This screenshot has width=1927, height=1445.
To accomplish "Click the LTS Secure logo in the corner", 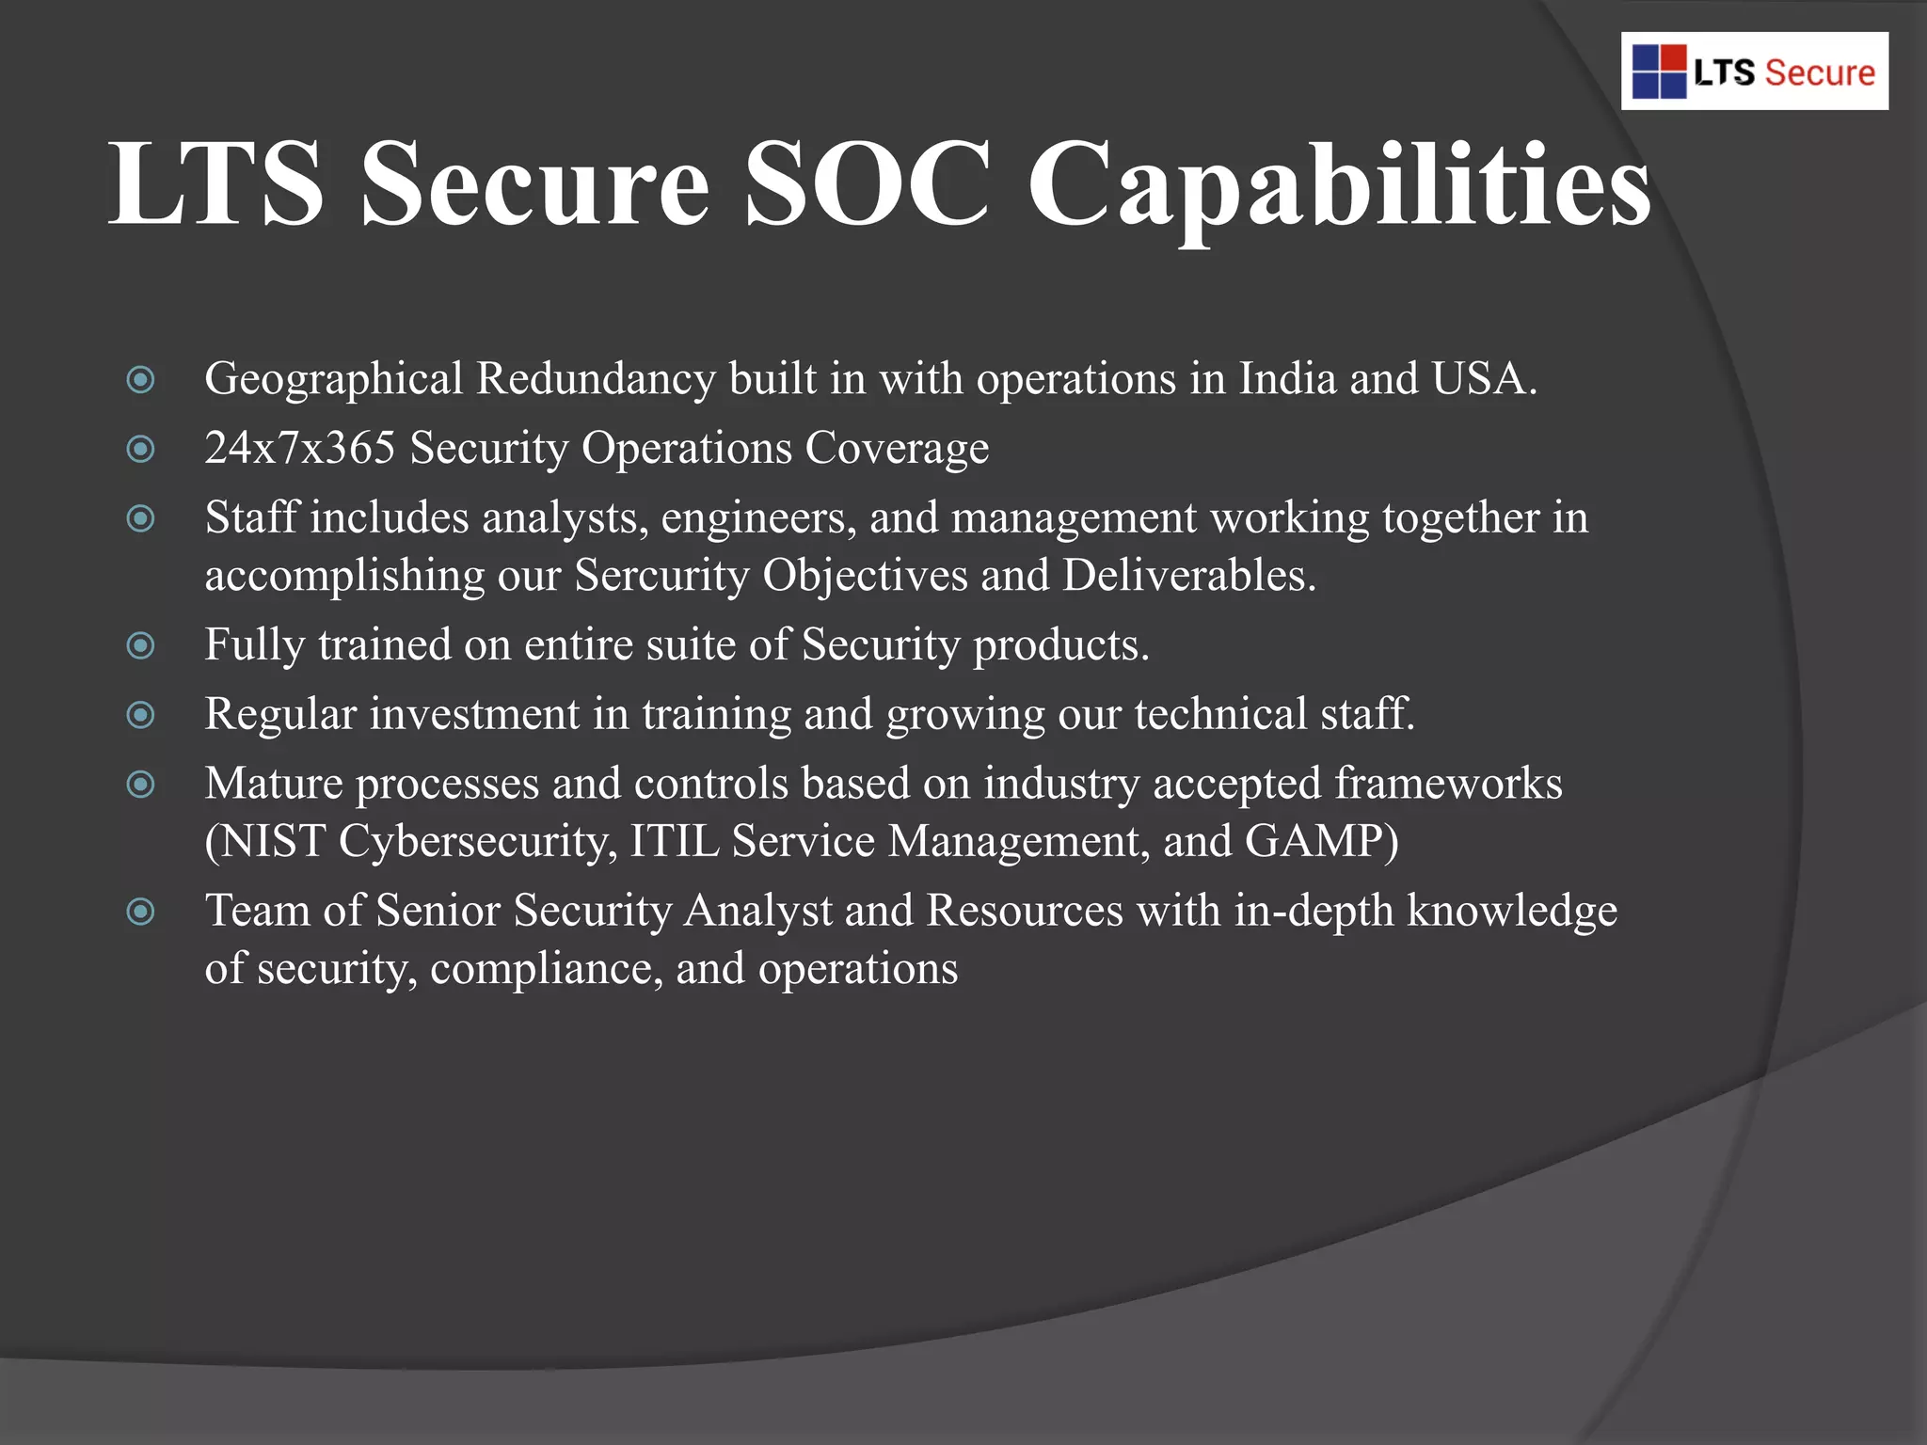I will [1754, 71].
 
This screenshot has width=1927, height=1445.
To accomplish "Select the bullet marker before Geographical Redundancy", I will [141, 380].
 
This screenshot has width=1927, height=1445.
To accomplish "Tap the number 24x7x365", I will [300, 448].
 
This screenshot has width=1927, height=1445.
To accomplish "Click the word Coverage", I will [897, 449].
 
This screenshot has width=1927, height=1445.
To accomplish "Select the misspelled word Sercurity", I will [661, 576].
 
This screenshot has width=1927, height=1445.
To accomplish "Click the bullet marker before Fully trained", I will [141, 646].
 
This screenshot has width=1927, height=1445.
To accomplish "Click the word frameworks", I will [1448, 784].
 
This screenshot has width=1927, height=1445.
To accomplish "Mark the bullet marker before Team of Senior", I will [141, 912].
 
